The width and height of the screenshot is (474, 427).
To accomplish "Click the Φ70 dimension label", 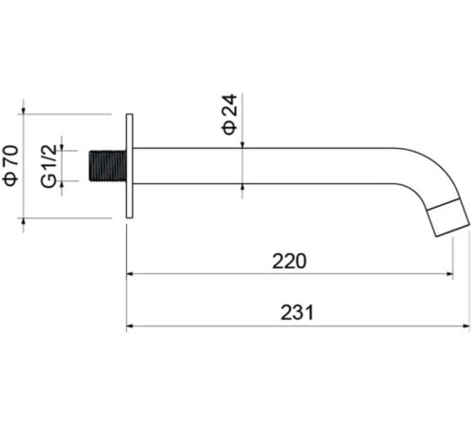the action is (10, 165).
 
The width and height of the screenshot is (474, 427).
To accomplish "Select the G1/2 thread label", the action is (48, 166).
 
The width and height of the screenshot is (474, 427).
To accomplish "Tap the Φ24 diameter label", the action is (229, 114).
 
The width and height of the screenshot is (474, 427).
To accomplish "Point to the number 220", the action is (289, 261).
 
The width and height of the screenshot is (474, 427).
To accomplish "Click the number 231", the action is (297, 312).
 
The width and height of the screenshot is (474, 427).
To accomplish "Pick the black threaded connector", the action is (107, 166).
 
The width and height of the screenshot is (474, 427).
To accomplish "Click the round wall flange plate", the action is (130, 166).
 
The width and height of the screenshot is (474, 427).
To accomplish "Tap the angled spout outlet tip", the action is (448, 218).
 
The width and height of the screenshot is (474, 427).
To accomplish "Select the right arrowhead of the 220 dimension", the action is (449, 274).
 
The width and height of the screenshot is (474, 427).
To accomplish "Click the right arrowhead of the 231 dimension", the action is (466, 325).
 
